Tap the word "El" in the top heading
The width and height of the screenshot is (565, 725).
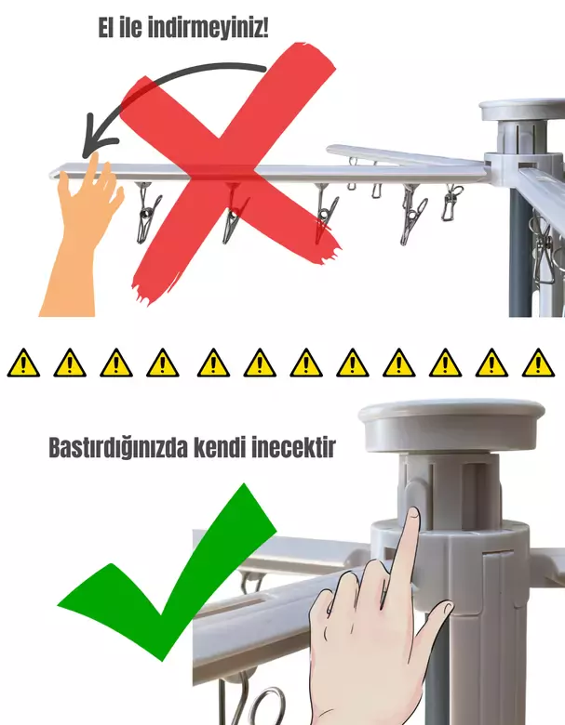pyautogui.click(x=110, y=28)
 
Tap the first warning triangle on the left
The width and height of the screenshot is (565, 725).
pyautogui.click(x=22, y=362)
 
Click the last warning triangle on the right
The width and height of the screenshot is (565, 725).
pyautogui.click(x=538, y=362)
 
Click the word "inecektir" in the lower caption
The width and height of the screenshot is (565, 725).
pyautogui.click(x=293, y=449)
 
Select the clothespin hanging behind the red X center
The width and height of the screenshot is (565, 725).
pyautogui.click(x=233, y=218)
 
